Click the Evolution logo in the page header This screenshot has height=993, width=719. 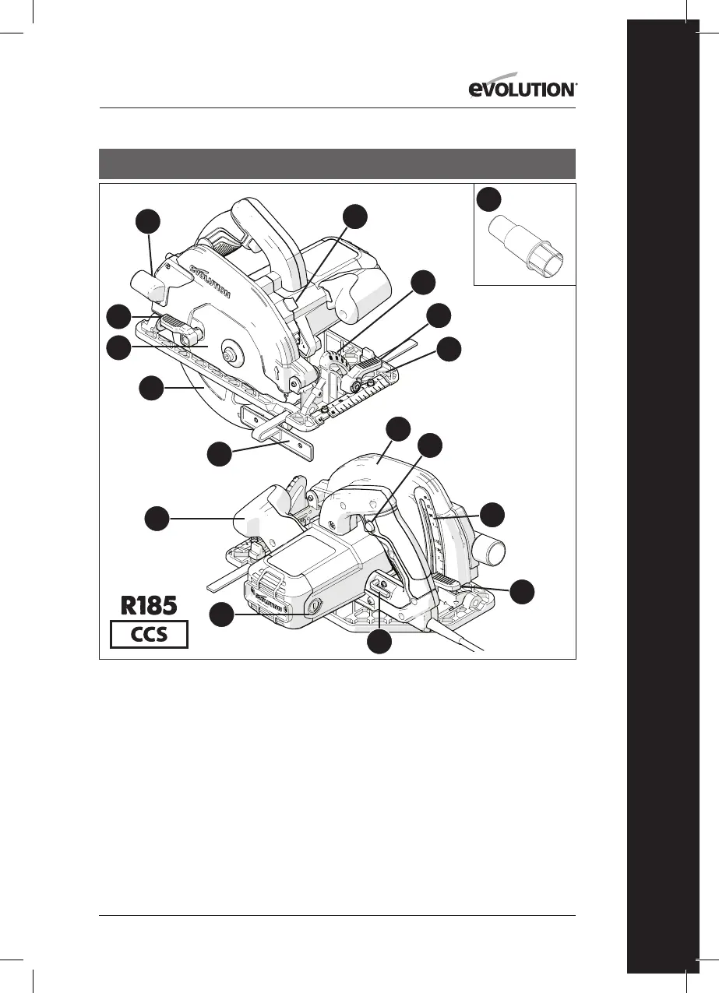click(523, 90)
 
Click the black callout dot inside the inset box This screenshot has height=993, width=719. click(488, 198)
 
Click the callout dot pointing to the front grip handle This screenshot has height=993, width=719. click(158, 518)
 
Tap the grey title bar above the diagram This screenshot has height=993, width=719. click(337, 164)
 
